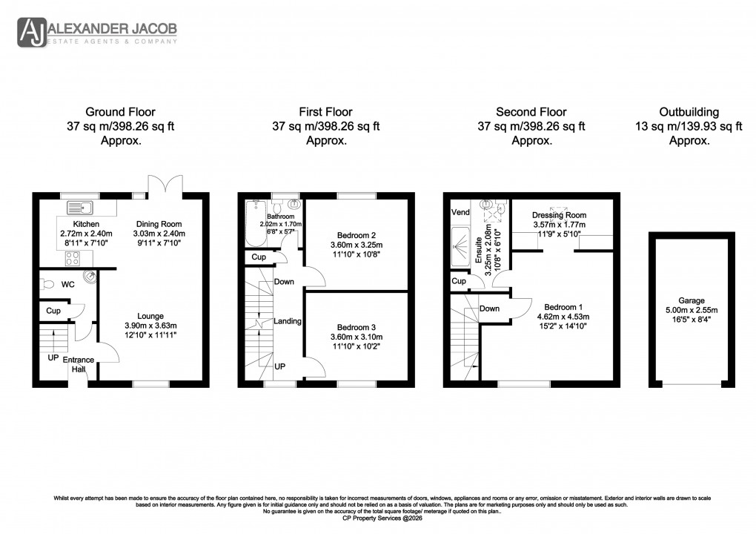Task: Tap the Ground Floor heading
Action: coord(120,112)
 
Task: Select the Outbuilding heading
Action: coord(690,112)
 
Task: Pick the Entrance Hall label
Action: coord(78,364)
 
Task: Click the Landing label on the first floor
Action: coord(288,321)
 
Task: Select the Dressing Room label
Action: coord(560,214)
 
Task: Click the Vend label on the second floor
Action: coord(460,212)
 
